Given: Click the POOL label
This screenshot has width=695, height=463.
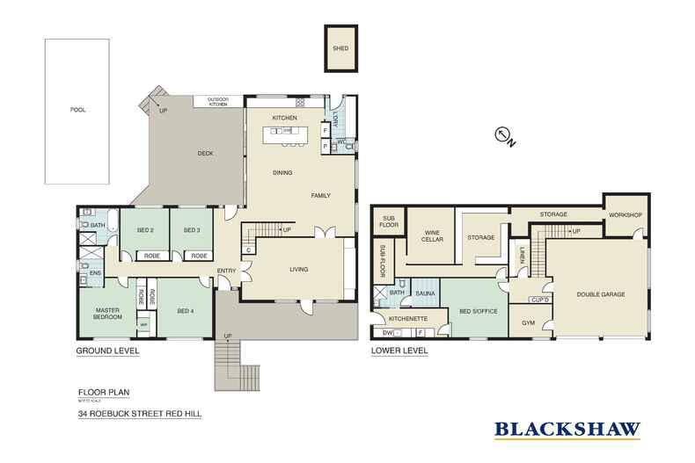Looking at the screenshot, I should pos(81,110).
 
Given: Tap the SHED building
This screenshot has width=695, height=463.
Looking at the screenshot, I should pos(340,51).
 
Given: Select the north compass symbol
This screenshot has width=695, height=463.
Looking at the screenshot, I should pos(504,135).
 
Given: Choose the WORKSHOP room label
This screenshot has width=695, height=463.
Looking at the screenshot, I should pos(625,215).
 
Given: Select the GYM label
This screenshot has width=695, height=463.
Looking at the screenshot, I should pos(529,323).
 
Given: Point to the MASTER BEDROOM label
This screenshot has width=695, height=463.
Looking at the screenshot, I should pos(103,314).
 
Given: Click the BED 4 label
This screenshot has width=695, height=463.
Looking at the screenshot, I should pos(184,311).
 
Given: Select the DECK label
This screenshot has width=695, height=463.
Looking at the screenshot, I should pos(205,154).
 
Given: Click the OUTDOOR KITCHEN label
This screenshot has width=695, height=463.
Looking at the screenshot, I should pos(217,102).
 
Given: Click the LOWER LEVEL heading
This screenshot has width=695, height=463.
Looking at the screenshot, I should pos(399,351).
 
